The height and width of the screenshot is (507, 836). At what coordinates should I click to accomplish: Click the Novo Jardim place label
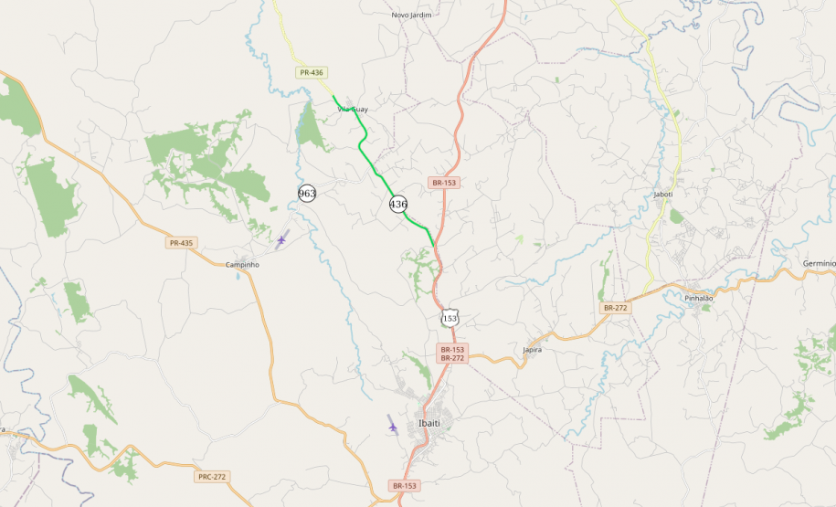(x=411, y=15)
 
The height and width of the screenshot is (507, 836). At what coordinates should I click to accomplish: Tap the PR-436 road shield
(x=311, y=72)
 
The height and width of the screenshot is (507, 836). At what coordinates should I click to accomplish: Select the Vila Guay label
(x=353, y=110)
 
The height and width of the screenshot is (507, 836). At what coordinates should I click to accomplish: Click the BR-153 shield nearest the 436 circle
(x=443, y=183)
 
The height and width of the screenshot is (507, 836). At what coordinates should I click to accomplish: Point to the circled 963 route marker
(x=307, y=194)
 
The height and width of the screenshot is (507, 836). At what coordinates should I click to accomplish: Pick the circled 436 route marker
(x=398, y=204)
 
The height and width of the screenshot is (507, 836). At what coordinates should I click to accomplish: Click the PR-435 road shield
(x=181, y=243)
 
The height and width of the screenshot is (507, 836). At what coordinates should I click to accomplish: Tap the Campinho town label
(x=242, y=264)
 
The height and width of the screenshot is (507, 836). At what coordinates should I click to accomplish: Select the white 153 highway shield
(x=450, y=318)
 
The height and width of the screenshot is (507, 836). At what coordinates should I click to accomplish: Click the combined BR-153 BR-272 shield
(x=452, y=354)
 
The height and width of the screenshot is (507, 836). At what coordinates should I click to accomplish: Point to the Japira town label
(x=532, y=350)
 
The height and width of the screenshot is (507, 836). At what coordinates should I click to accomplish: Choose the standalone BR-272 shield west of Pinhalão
(x=615, y=308)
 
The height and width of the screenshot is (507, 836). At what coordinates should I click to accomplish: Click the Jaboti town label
(x=663, y=194)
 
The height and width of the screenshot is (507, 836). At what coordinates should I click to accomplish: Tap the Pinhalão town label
(x=699, y=298)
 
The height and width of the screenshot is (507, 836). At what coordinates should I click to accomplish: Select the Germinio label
(x=819, y=263)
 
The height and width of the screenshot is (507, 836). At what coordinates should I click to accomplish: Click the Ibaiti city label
(x=429, y=424)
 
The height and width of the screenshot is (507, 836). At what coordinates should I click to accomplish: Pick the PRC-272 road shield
(x=211, y=477)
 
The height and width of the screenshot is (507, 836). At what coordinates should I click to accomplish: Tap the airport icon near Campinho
(x=281, y=240)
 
